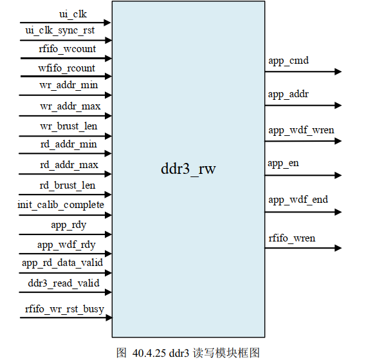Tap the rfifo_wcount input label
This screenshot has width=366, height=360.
(x=66, y=49)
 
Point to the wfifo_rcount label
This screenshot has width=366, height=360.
(x=66, y=68)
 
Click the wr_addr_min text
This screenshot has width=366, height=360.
(x=68, y=86)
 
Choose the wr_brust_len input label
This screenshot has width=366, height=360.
(x=68, y=126)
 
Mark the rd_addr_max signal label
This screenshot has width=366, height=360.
(x=69, y=165)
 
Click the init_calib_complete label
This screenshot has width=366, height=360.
(x=60, y=205)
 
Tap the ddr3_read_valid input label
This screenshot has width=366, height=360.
(x=64, y=283)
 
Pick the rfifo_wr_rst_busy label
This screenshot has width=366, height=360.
(x=64, y=309)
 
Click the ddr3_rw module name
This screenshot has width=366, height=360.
(x=188, y=170)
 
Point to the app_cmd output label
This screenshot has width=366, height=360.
(x=288, y=61)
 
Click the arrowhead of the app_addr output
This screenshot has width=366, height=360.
(x=338, y=105)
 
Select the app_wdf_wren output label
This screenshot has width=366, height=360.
(x=301, y=130)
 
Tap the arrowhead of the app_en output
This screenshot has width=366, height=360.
(x=338, y=175)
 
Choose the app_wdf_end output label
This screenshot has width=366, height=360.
(x=298, y=200)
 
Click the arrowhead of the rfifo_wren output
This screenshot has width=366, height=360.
(x=338, y=248)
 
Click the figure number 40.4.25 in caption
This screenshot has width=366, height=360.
(x=150, y=352)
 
